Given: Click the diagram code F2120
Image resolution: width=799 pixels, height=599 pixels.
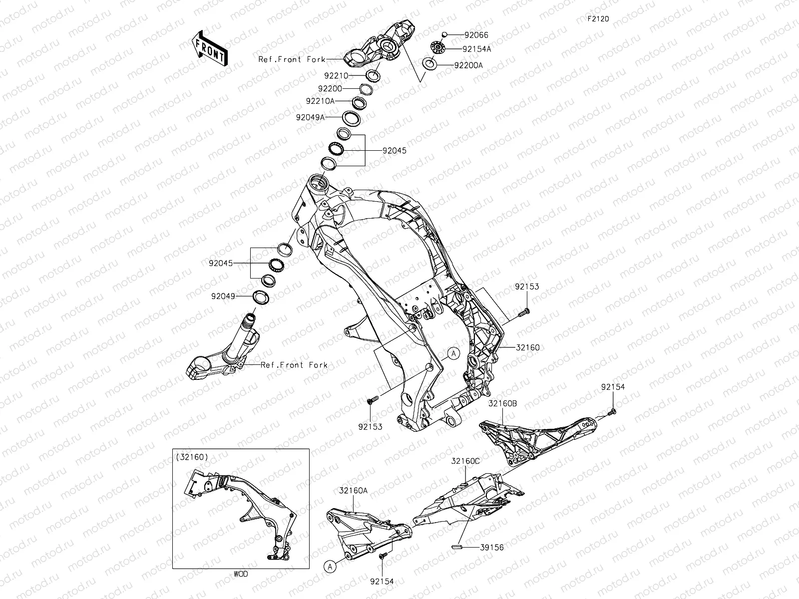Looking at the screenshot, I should coord(598,19).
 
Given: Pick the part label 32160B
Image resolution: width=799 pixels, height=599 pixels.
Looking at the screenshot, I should coord(502,403).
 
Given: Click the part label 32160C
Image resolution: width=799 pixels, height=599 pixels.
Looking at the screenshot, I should coord(466,461).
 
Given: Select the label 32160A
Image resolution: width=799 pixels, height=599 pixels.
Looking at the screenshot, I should coord(354,491).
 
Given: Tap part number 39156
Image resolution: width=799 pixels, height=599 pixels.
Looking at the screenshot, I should coord(491,547).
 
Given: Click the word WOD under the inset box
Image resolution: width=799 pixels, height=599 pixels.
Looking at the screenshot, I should coord(240,574).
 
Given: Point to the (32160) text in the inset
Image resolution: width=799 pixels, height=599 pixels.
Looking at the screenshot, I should coord(192,457).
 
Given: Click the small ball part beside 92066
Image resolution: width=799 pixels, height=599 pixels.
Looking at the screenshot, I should coord(444,35).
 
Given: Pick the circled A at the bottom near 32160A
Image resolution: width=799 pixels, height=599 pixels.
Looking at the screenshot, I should coord(329,566).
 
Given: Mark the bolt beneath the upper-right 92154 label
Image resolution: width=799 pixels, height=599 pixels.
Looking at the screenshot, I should coord(612,411).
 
